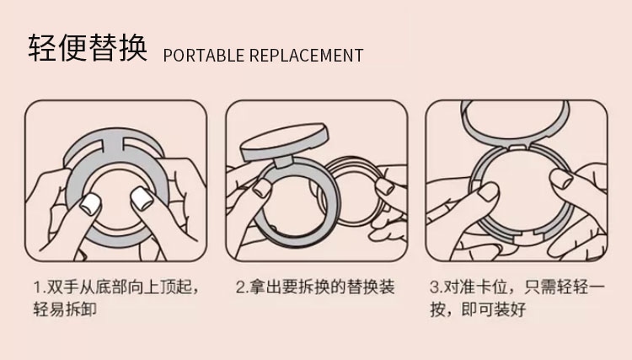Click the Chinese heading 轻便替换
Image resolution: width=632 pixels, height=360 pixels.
click(88, 47)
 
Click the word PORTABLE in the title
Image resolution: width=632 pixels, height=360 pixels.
click(204, 56)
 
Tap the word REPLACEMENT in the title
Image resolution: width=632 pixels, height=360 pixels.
click(307, 56)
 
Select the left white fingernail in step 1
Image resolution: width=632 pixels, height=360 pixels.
click(90, 204)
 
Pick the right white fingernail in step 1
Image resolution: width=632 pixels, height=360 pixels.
click(141, 198)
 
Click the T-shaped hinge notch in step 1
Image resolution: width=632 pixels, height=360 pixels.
click(111, 142)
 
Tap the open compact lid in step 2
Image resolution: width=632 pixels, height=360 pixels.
click(284, 142)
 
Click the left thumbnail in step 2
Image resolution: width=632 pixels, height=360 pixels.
click(262, 187)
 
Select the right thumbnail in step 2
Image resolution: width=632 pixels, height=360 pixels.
click(385, 187)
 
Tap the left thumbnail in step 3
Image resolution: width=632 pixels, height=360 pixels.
click(488, 192)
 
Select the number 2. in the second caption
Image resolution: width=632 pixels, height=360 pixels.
click(242, 287)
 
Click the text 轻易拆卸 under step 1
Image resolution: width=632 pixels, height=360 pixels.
click(65, 309)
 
